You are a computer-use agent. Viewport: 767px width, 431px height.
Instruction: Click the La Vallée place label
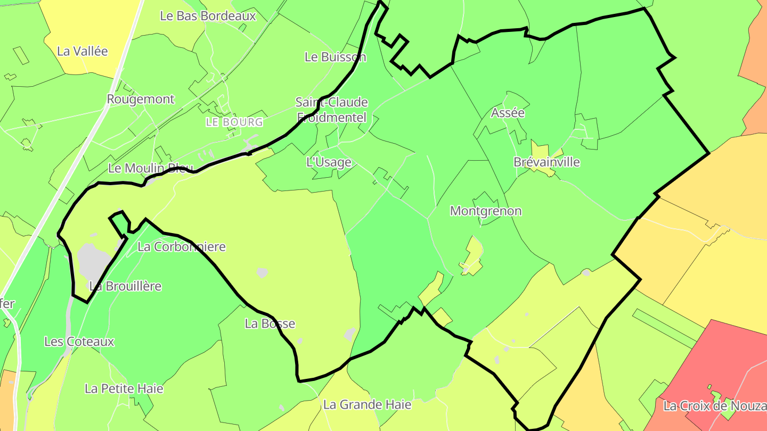click(x=83, y=52)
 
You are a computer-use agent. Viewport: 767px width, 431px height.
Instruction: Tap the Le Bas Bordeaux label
click(x=208, y=16)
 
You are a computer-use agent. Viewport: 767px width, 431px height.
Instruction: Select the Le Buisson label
click(x=335, y=57)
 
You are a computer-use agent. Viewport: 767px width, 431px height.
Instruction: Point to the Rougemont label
click(x=141, y=100)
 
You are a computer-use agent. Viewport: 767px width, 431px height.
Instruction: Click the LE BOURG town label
click(x=234, y=122)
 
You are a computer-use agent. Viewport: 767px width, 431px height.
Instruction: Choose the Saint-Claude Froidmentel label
click(x=332, y=110)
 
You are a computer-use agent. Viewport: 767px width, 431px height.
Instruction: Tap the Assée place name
click(x=508, y=113)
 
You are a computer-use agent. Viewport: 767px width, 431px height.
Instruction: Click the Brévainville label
click(x=546, y=162)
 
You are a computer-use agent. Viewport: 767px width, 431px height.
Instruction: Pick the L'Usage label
click(x=329, y=162)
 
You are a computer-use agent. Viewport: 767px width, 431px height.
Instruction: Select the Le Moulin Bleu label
click(x=150, y=169)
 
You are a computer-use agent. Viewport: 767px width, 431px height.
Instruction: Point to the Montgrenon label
click(x=486, y=211)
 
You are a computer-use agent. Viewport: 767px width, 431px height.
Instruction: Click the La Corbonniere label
click(x=182, y=247)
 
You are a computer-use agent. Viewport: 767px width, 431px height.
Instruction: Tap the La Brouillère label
click(x=125, y=286)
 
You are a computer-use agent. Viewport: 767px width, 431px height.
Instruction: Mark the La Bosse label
click(x=270, y=324)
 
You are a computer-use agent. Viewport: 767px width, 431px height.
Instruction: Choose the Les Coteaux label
click(x=79, y=342)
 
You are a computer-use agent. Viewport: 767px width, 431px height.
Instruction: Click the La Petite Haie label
click(x=124, y=389)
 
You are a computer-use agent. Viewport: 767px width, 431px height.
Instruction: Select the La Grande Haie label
click(x=368, y=405)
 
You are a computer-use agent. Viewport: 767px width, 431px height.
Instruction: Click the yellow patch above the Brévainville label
click(x=539, y=148)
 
